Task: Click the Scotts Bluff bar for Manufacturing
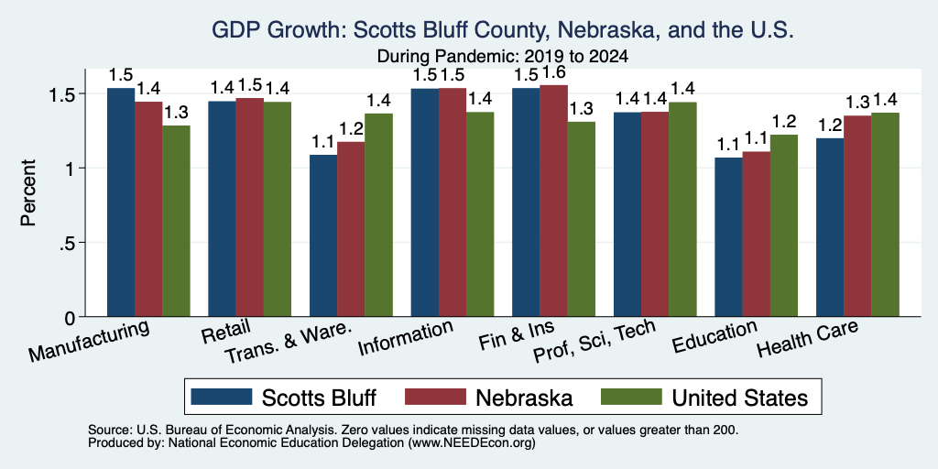pos(121,202)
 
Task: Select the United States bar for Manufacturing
pos(176,221)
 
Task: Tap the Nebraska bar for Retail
pos(249,207)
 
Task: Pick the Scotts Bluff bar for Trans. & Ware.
pos(323,235)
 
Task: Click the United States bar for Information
pos(480,214)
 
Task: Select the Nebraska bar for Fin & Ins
pos(554,201)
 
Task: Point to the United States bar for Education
pos(784,225)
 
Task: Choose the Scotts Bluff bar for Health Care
pos(830,227)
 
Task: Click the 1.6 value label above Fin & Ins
pos(553,73)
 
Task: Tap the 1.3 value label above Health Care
pos(857,103)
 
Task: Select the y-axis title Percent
pos(28,192)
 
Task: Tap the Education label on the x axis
pos(714,337)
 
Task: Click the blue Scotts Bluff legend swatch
pos(222,397)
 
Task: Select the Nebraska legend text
pos(524,398)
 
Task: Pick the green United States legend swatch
pos(631,397)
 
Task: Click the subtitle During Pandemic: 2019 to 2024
pos(503,57)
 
